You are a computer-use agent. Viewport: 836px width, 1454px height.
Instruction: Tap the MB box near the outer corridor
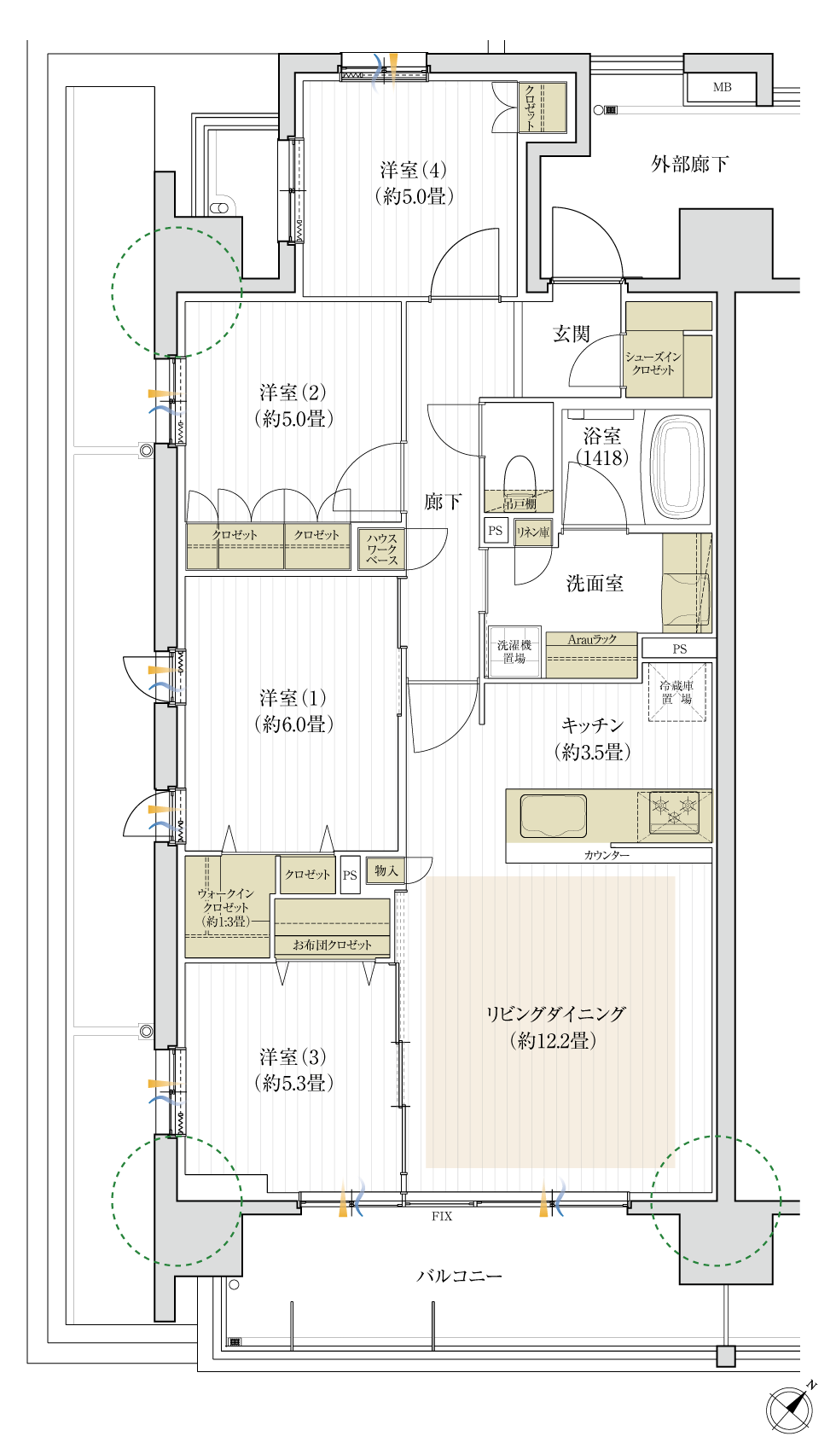pyautogui.click(x=722, y=87)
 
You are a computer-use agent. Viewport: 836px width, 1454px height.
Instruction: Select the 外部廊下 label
pyautogui.click(x=690, y=164)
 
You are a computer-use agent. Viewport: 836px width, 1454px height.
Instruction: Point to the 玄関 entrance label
pyautogui.click(x=572, y=334)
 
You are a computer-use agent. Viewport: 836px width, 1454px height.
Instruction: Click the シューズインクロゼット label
pyautogui.click(x=653, y=363)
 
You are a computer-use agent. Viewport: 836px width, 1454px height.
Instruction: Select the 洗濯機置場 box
pyautogui.click(x=514, y=652)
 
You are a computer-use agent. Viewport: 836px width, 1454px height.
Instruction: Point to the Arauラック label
pyautogui.click(x=592, y=639)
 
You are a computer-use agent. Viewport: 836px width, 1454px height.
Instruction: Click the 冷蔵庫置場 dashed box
pyautogui.click(x=677, y=693)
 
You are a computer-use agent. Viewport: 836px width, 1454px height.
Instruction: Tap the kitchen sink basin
pyautogui.click(x=553, y=816)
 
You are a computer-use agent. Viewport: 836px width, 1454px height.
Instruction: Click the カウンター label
pyautogui.click(x=607, y=855)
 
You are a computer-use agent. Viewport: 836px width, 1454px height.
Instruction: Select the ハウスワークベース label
pyautogui.click(x=381, y=550)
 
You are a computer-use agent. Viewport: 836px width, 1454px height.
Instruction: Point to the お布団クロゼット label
pyautogui.click(x=332, y=945)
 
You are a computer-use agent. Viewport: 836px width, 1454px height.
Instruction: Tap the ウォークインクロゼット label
pyautogui.click(x=226, y=907)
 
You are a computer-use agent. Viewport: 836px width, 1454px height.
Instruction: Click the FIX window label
pyautogui.click(x=441, y=1216)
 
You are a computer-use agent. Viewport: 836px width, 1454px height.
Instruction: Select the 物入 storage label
pyautogui.click(x=386, y=870)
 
